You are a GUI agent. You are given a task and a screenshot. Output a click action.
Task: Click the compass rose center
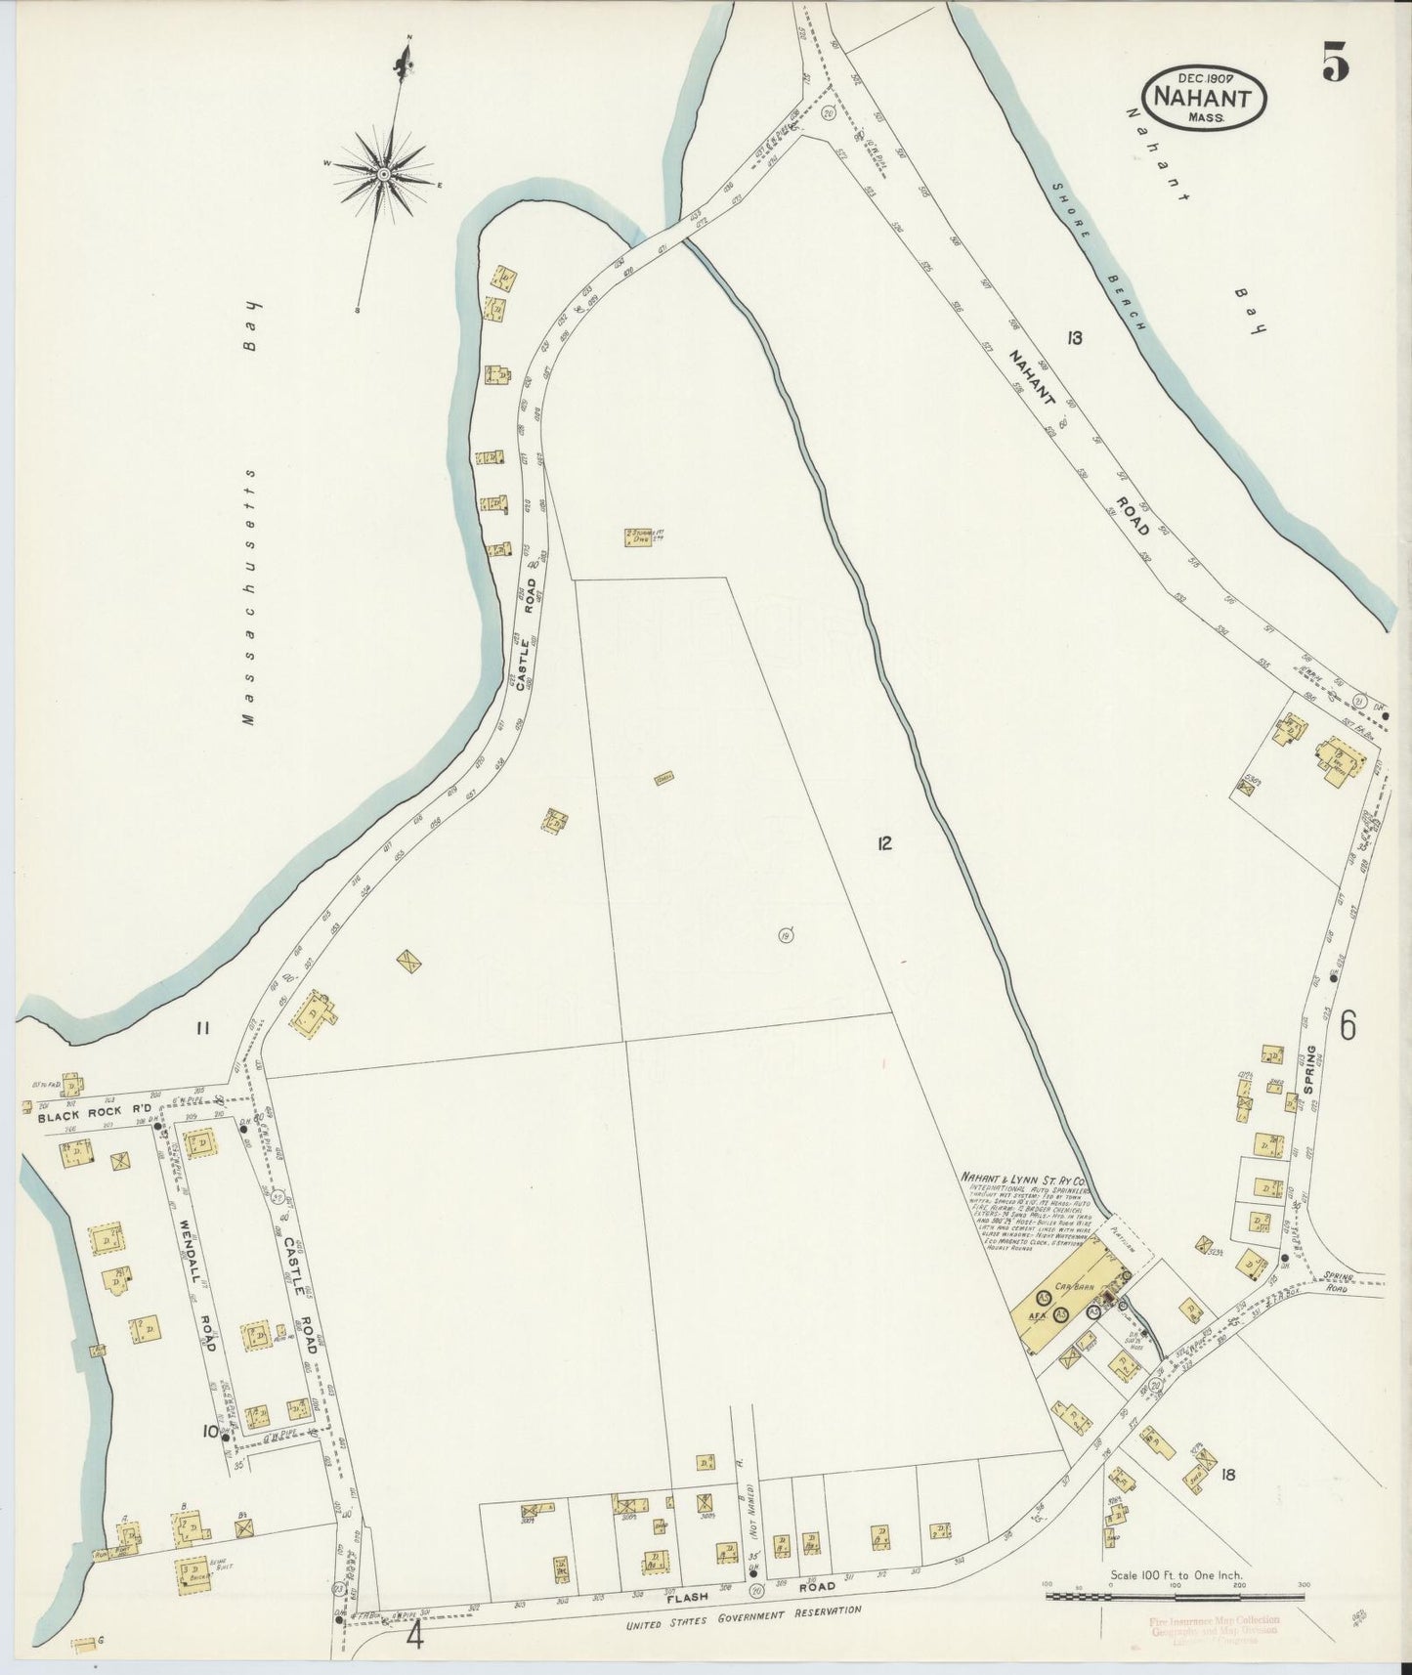pyautogui.click(x=383, y=174)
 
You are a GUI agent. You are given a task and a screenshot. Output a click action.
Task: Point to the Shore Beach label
pyautogui.click(x=1097, y=257)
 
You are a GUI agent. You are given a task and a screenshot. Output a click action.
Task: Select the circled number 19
pyautogui.click(x=786, y=937)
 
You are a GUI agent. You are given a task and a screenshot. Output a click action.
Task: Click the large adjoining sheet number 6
pyautogui.click(x=1348, y=1024)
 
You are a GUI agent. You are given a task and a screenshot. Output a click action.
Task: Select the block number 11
pyautogui.click(x=202, y=1027)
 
